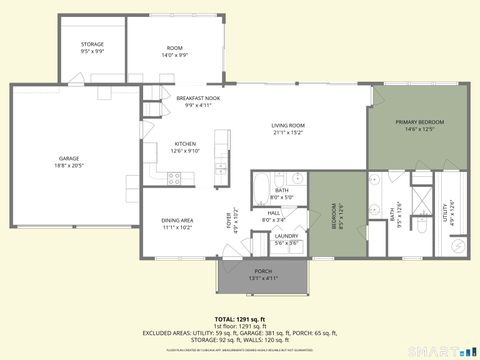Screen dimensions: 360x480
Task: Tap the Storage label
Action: coord(92,44)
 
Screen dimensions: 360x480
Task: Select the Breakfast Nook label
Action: coord(199,98)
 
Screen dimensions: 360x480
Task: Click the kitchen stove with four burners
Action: coord(173,178)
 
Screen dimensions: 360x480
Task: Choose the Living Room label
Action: coord(288,125)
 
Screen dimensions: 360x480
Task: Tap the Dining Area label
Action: coord(177,221)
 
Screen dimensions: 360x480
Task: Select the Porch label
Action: coord(263,271)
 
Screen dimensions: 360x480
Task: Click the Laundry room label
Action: coord(286,235)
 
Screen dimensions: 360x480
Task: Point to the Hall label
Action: coord(273,212)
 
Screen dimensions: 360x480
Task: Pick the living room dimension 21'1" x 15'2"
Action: coord(288,131)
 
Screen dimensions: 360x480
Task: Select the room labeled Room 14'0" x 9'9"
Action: coord(175,51)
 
